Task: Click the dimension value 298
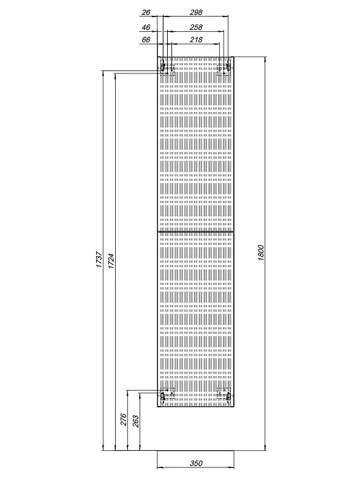click(x=196, y=12)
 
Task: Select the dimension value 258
click(x=196, y=27)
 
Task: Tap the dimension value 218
click(x=196, y=40)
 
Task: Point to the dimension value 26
click(x=146, y=12)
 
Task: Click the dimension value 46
click(x=146, y=27)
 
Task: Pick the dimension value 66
click(x=146, y=40)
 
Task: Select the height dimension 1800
click(x=261, y=253)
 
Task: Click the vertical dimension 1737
click(x=99, y=259)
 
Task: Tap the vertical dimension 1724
click(x=111, y=261)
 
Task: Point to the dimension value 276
click(x=124, y=420)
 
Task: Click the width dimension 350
click(x=196, y=463)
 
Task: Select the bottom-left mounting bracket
click(x=167, y=394)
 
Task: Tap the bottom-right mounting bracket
click(x=223, y=394)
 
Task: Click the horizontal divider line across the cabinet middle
click(x=195, y=232)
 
